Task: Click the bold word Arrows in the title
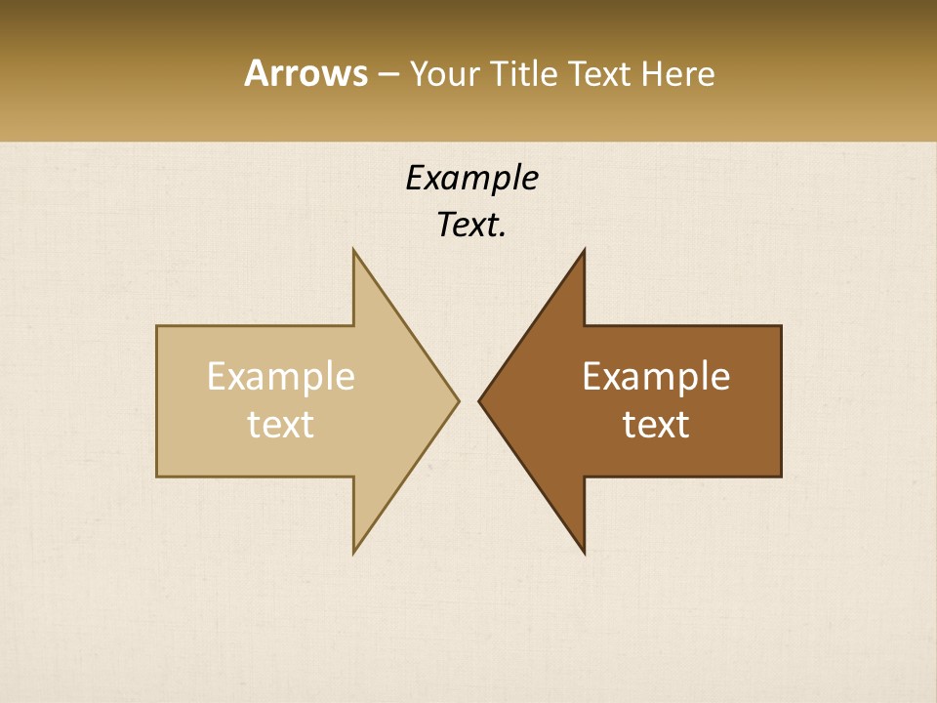pyautogui.click(x=305, y=73)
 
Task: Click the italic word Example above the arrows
pyautogui.click(x=471, y=178)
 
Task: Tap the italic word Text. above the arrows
pyautogui.click(x=471, y=225)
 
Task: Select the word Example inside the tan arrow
pyautogui.click(x=281, y=377)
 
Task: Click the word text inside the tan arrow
pyautogui.click(x=281, y=424)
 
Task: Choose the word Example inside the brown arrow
pyautogui.click(x=656, y=377)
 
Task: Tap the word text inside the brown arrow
pyautogui.click(x=656, y=424)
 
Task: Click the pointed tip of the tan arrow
pyautogui.click(x=457, y=400)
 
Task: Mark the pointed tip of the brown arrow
pyautogui.click(x=480, y=400)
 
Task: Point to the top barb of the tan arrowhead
pyautogui.click(x=354, y=251)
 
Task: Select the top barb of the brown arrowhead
pyautogui.click(x=584, y=251)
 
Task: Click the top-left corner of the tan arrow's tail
pyautogui.click(x=158, y=327)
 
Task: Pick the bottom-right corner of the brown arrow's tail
pyautogui.click(x=780, y=476)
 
